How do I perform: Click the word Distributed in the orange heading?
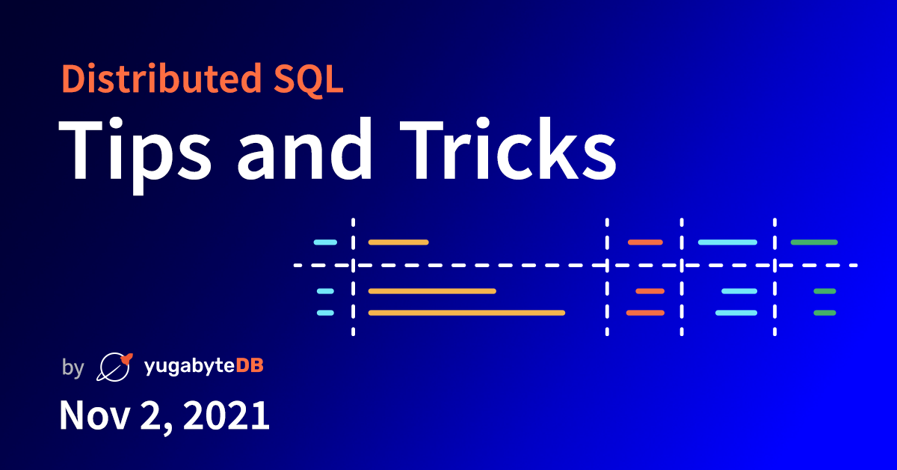154,79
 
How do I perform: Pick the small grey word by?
73,367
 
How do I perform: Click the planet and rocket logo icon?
114,366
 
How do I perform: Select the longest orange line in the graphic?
466,313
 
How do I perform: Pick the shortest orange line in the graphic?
398,242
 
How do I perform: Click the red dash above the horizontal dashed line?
645,242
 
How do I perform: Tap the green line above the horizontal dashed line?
814,242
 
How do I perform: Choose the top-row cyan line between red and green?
727,242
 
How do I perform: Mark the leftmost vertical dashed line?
353,277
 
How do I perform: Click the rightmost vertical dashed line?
774,277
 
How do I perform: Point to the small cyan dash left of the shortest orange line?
325,242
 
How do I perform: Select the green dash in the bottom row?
824,313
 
